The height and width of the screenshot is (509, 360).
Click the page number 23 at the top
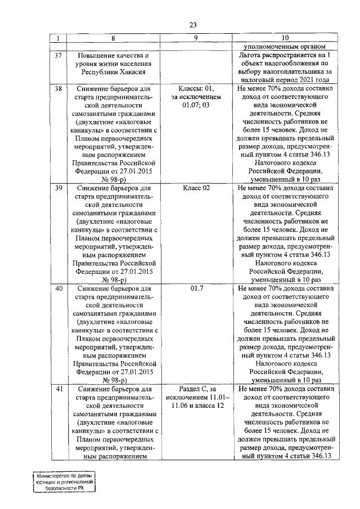pos(192,25)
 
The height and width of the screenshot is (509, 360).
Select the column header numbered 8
pos(113,38)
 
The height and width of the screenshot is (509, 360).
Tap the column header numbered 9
pos(196,38)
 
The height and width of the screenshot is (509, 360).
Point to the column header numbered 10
pos(286,38)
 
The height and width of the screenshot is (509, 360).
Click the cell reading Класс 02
pos(196,188)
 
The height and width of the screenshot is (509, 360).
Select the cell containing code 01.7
pos(196,288)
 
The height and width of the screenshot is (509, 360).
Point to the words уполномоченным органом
pos(286,47)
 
